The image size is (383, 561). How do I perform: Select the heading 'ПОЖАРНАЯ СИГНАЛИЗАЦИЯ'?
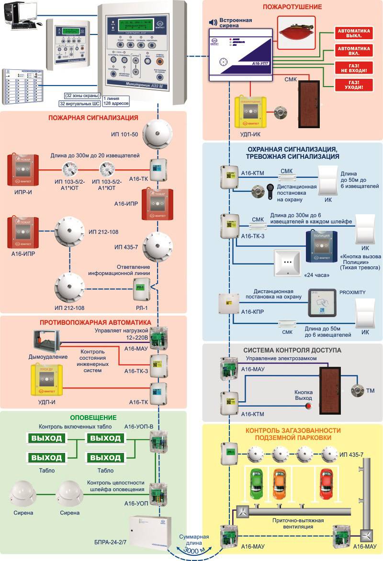pos(91,119)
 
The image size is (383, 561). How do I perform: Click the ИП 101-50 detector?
pos(156,134)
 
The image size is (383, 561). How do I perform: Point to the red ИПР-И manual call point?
pos(22,169)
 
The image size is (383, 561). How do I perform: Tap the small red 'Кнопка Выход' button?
pos(308,407)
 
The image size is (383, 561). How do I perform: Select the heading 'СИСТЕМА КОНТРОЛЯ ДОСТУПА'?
pos(292,350)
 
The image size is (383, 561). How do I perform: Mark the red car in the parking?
pos(327,484)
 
